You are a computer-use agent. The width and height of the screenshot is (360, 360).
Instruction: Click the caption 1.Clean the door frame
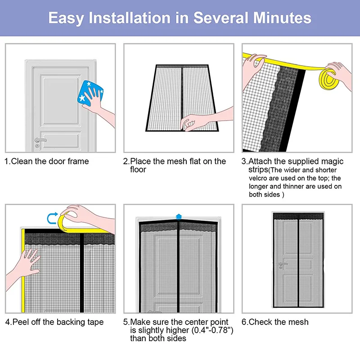coord(47,161)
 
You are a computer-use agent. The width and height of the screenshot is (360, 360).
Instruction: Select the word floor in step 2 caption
coord(138,170)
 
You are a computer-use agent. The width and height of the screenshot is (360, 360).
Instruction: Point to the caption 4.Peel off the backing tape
coord(54,322)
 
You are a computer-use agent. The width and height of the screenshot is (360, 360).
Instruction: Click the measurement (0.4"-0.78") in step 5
coord(211,330)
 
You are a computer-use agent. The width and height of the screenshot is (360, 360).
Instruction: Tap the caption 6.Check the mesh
coord(275,322)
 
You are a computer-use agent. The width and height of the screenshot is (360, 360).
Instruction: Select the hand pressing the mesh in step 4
coord(29,263)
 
